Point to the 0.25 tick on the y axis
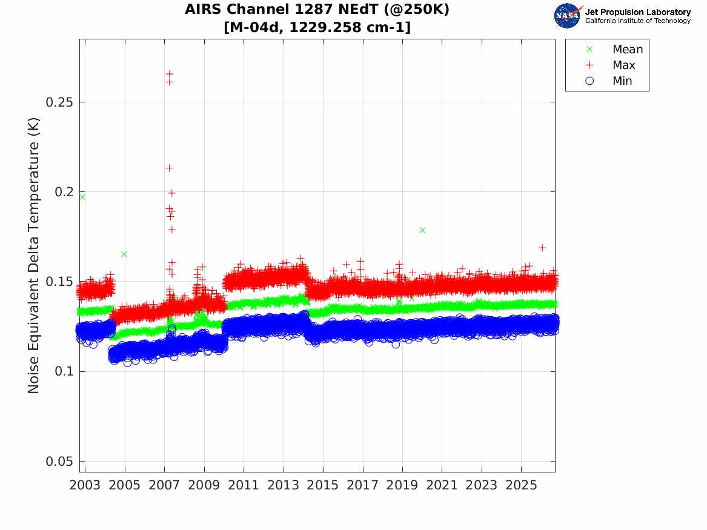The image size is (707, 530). [x=59, y=102]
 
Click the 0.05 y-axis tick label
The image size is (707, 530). [x=59, y=462]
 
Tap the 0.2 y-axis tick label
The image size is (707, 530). [x=64, y=192]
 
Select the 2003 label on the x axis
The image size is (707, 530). [x=85, y=485]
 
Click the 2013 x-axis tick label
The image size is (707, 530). [x=283, y=485]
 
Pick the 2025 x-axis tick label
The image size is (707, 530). [x=521, y=485]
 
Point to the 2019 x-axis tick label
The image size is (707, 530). [x=402, y=485]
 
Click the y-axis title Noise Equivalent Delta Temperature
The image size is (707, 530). [x=33, y=256]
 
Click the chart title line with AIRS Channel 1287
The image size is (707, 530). [x=317, y=9]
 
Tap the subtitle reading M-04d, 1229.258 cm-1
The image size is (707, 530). [x=317, y=27]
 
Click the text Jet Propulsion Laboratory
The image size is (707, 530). [x=638, y=12]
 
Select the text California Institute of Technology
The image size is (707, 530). [x=638, y=21]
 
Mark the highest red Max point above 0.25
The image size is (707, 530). [x=170, y=73]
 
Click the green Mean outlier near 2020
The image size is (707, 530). [x=422, y=230]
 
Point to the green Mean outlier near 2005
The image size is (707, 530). [x=124, y=254]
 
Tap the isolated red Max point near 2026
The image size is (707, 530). [x=542, y=248]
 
